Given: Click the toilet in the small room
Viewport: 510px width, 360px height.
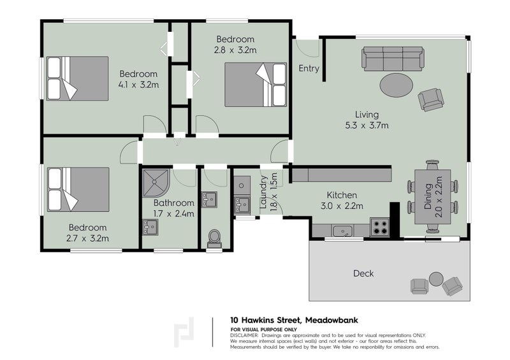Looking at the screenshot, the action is [x=214, y=238].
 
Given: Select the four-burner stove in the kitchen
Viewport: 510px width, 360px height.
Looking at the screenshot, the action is [x=379, y=227].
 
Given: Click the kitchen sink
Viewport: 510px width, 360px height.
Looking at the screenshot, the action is [x=342, y=231].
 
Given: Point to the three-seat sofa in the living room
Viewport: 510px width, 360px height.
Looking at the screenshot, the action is [x=393, y=59].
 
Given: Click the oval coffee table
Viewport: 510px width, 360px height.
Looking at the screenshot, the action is [x=397, y=85].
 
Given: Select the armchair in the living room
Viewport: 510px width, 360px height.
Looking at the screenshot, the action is [x=431, y=99].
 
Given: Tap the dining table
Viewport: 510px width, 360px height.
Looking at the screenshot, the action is [x=433, y=197].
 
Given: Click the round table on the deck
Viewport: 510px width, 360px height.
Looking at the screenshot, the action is [x=436, y=279].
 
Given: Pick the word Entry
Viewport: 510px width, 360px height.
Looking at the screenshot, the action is [x=309, y=69].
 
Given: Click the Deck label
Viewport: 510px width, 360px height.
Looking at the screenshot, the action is [x=363, y=273].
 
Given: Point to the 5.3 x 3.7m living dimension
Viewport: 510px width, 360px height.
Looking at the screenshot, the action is [x=367, y=126].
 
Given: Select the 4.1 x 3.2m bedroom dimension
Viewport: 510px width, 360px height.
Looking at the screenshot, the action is [x=138, y=85].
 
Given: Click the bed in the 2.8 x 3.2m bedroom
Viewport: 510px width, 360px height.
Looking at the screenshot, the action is [x=256, y=85].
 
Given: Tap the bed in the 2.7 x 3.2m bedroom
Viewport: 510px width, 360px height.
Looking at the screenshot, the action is [x=78, y=189].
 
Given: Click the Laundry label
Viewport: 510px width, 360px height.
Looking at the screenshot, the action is [x=263, y=192].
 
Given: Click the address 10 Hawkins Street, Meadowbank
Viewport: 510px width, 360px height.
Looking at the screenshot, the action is [x=294, y=320].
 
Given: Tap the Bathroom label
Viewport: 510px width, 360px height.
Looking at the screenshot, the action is [x=173, y=203].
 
